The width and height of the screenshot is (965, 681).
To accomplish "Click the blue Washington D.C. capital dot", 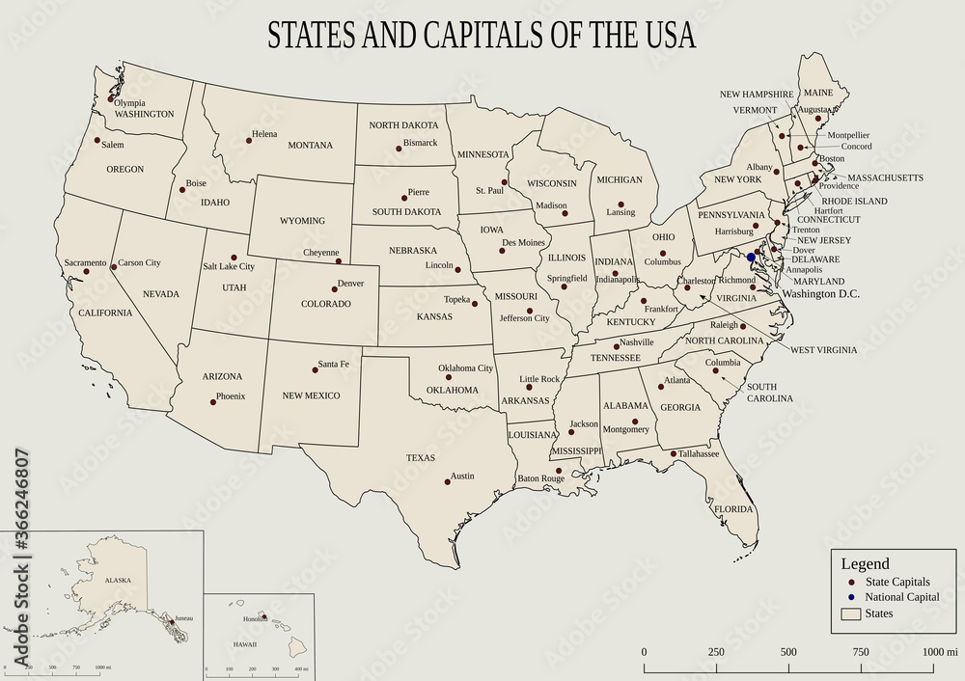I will pyautogui.click(x=751, y=258).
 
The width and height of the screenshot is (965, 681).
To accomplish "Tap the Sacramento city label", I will pyautogui.click(x=85, y=262).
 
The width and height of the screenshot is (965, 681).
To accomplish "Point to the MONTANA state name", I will pyautogui.click(x=310, y=146).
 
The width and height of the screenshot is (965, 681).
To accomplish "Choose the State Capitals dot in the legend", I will pyautogui.click(x=851, y=583).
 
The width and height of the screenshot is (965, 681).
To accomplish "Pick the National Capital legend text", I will pyautogui.click(x=902, y=598).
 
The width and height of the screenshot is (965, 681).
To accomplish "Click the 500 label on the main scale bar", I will pyautogui.click(x=788, y=652).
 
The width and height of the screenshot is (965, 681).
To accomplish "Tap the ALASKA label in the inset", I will pyautogui.click(x=118, y=580).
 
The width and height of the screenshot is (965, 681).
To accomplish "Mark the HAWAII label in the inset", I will pyautogui.click(x=244, y=643).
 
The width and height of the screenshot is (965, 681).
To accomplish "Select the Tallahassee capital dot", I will pyautogui.click(x=673, y=453).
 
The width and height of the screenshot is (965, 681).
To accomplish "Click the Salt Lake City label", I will pyautogui.click(x=229, y=266).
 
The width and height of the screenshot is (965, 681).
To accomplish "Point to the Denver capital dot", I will pyautogui.click(x=332, y=287).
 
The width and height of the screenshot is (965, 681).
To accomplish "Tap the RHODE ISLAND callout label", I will pyautogui.click(x=854, y=201).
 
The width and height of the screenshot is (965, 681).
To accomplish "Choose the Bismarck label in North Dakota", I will pyautogui.click(x=420, y=143).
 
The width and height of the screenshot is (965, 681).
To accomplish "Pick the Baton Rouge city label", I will pyautogui.click(x=540, y=478).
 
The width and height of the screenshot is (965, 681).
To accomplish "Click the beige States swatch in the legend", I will pyautogui.click(x=851, y=613).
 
